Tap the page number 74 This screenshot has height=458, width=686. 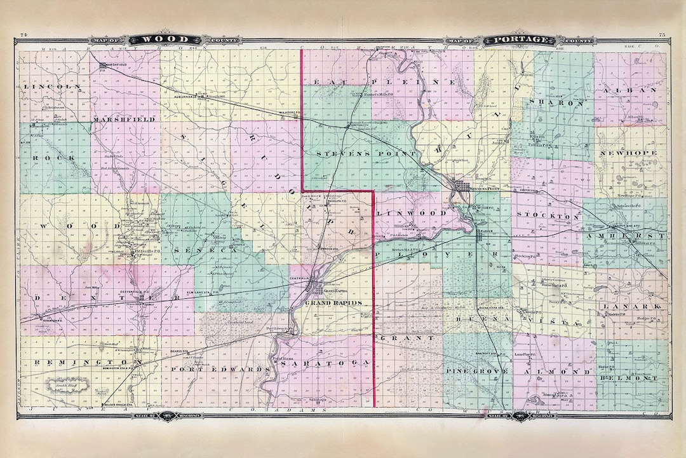point(24,34)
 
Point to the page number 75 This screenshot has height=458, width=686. point(662,34)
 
